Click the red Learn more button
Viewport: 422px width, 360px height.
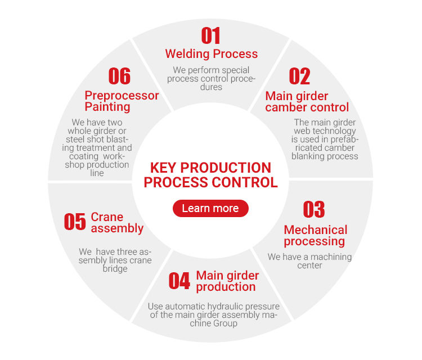(x=210, y=208)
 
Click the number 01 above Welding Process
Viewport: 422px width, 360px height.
(x=211, y=36)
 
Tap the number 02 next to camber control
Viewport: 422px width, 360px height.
(x=299, y=76)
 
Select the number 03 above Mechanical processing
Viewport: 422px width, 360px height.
(x=314, y=209)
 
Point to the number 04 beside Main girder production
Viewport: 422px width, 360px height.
(x=179, y=281)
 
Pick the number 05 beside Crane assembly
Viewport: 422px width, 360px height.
(x=75, y=222)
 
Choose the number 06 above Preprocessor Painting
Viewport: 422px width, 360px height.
(x=119, y=76)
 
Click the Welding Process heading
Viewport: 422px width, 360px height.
(x=211, y=54)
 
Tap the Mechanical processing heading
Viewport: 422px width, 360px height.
(x=315, y=236)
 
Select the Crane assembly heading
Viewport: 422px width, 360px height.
(x=117, y=223)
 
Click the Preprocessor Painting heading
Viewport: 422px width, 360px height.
(x=122, y=101)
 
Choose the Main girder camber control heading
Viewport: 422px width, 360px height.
(x=307, y=101)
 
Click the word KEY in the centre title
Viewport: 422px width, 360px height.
(x=164, y=168)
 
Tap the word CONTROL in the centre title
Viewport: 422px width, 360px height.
(x=244, y=182)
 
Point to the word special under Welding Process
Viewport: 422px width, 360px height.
(x=231, y=70)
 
